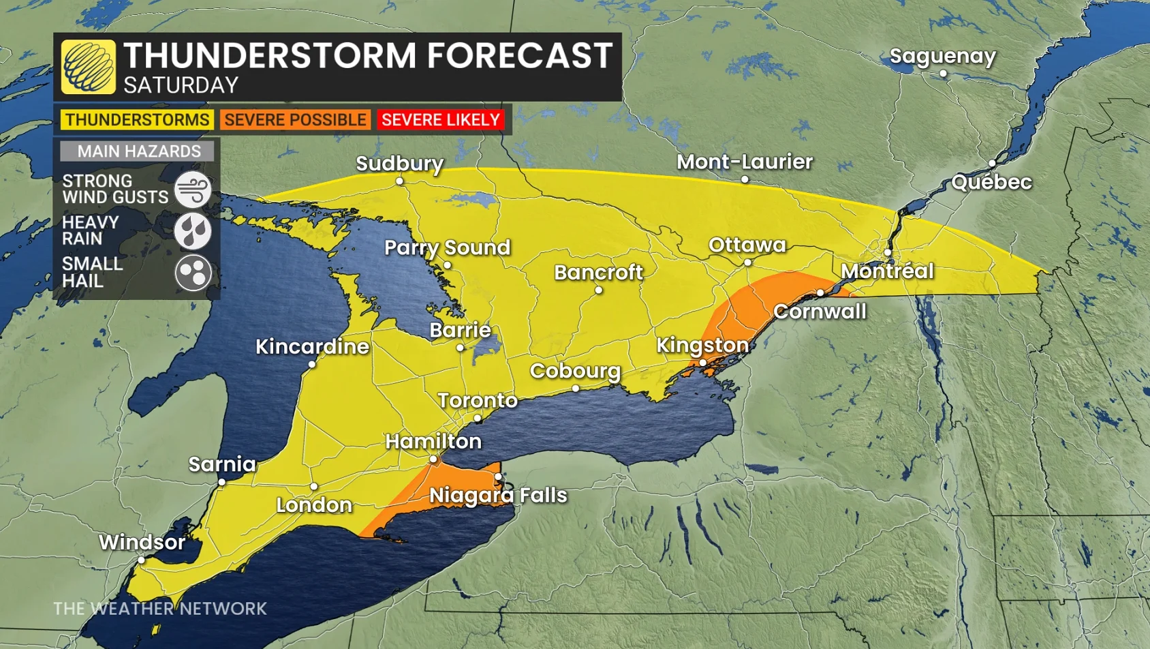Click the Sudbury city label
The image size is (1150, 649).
[x=399, y=164]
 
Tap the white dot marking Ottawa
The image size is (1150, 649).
[x=747, y=262]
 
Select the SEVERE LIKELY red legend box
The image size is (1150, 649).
[x=441, y=120]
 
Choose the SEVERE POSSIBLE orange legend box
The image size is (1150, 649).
[x=295, y=120]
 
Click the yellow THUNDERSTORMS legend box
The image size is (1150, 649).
[x=137, y=120]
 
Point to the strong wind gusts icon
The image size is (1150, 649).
[x=193, y=190]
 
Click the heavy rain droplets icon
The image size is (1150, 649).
[x=193, y=231]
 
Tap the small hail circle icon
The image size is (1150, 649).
[x=193, y=273]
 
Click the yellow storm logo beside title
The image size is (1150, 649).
[x=88, y=67]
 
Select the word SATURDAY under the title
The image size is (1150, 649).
[x=181, y=85]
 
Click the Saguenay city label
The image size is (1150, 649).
[x=942, y=56]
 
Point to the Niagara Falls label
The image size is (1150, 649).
[x=498, y=495]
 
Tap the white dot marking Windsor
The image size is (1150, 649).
[x=141, y=560]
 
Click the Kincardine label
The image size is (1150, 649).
[x=312, y=346]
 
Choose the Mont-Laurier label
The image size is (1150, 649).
[x=744, y=162]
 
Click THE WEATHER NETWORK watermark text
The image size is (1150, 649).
[x=160, y=608]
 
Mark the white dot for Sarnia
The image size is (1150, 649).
[x=221, y=482]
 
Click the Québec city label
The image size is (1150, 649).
[x=991, y=182]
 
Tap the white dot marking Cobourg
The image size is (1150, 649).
[x=576, y=389]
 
